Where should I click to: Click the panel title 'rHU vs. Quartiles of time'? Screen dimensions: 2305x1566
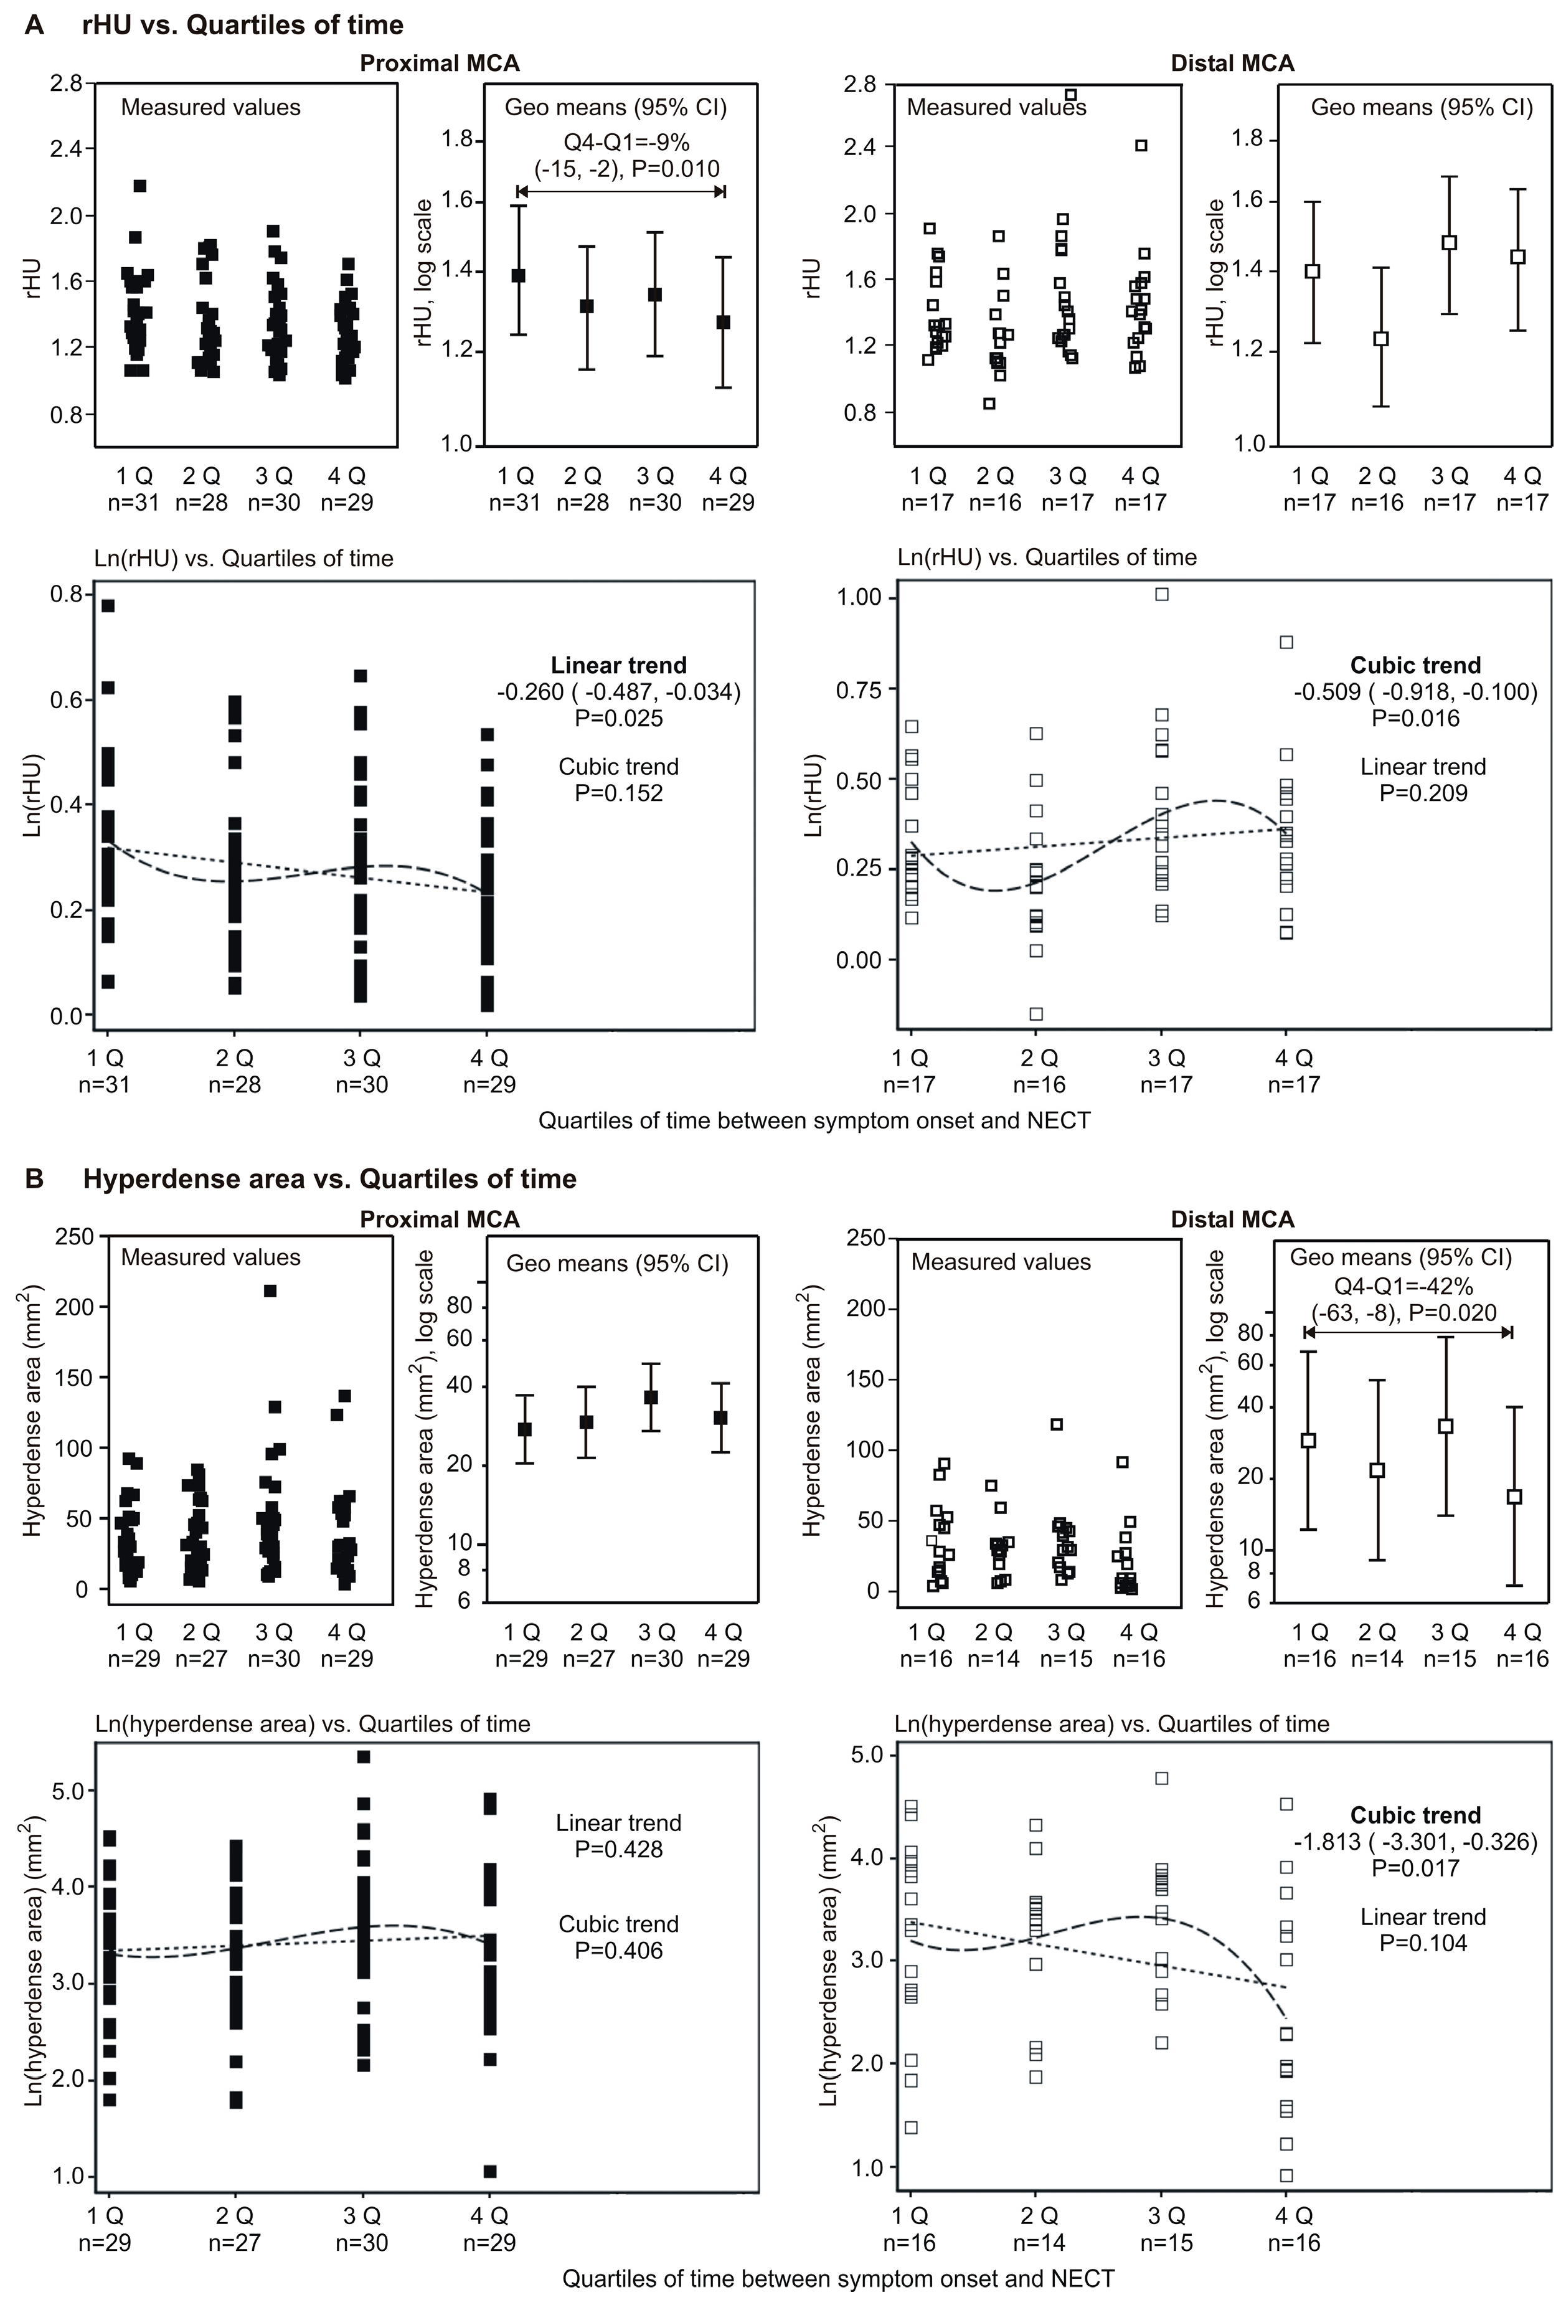click(243, 25)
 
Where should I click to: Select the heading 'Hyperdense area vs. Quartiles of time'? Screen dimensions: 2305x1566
click(329, 1178)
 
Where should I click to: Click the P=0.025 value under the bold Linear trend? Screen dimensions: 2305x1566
click(619, 718)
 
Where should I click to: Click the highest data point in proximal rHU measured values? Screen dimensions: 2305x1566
click(140, 186)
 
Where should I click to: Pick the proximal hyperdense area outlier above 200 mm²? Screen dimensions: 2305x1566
click(270, 1290)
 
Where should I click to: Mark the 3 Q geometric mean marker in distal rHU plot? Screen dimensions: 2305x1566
click(1449, 242)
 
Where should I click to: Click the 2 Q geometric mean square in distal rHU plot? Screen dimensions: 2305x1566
click(1380, 338)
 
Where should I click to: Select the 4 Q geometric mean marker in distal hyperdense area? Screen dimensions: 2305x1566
click(1514, 1497)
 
